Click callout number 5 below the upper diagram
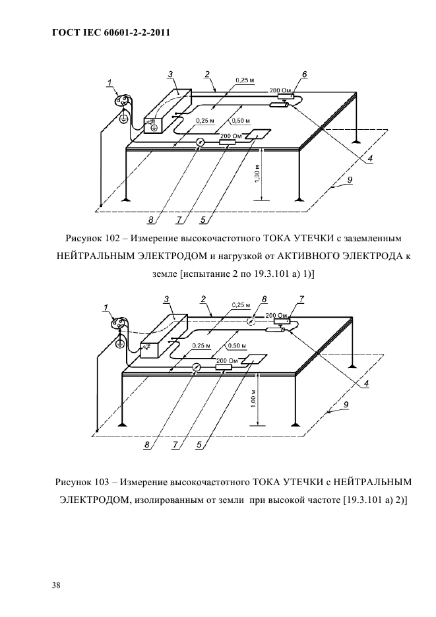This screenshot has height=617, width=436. [203, 220]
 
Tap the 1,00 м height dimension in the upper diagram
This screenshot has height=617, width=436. [256, 175]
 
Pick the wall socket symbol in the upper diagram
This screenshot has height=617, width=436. [123, 101]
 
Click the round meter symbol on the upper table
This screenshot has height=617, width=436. [201, 142]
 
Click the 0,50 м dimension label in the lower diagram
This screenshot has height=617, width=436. [236, 346]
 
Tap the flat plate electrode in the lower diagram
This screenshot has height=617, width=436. [253, 359]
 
